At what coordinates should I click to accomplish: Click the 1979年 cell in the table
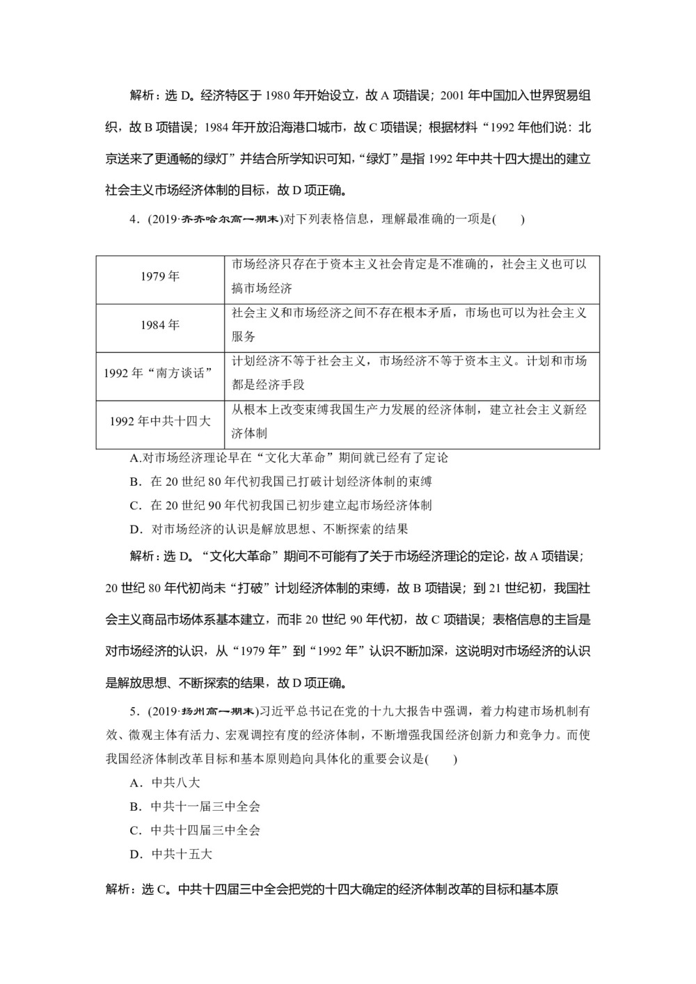160,277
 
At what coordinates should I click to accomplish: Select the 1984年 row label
160,325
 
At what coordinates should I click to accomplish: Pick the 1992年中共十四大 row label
160,421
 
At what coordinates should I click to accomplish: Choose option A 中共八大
165,783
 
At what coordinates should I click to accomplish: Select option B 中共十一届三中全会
195,807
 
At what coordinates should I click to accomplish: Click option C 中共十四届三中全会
195,830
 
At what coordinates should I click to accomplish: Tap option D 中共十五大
171,854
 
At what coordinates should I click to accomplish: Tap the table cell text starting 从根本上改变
409,421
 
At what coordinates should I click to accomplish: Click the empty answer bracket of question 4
508,220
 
